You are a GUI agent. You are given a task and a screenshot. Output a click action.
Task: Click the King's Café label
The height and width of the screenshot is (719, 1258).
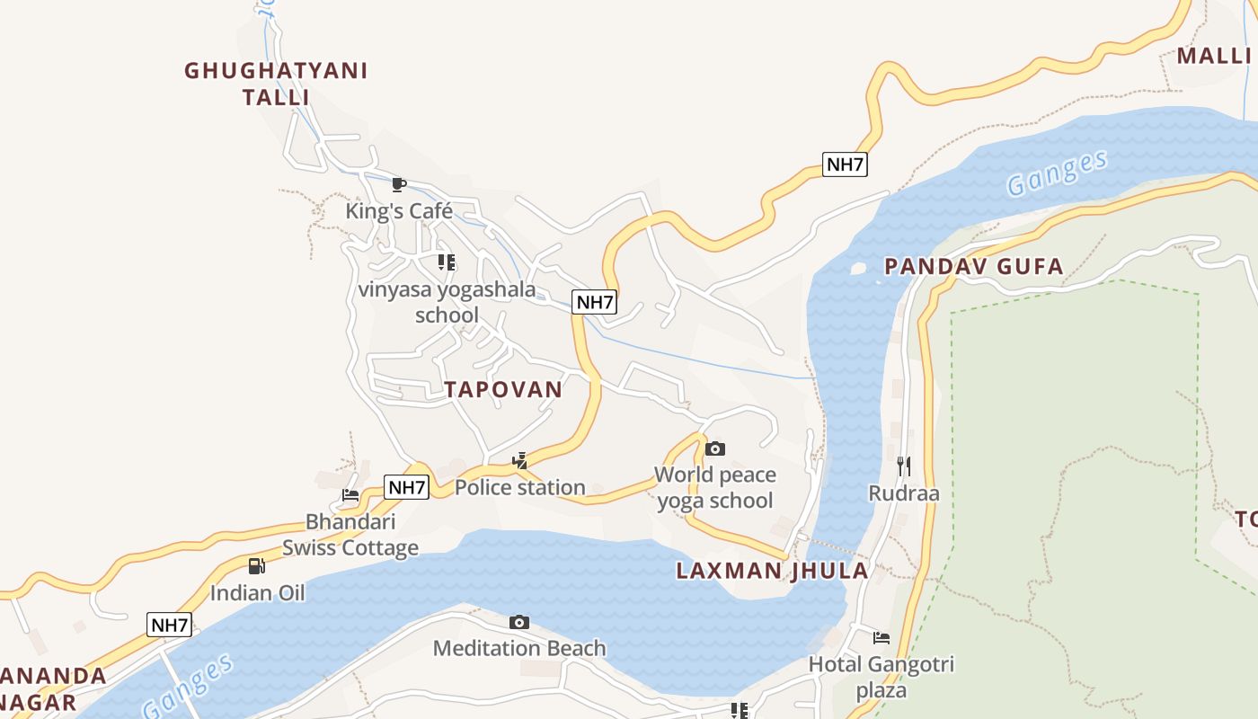point(399,211)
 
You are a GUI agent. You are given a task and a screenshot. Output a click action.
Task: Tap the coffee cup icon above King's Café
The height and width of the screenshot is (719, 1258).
point(399,185)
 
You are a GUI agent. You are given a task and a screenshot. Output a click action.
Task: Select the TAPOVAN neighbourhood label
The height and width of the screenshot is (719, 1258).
point(503,389)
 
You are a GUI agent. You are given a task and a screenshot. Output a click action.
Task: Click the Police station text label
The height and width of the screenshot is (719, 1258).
point(520,488)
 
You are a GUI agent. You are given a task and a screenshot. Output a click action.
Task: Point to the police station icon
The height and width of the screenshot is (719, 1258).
point(519,462)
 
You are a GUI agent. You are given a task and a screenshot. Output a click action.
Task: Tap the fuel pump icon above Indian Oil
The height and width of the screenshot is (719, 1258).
point(257,566)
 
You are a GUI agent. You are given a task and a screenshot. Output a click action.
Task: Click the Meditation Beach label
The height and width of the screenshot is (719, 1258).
point(519,648)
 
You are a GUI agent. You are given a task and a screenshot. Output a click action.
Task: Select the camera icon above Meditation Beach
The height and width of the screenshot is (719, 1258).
point(518,622)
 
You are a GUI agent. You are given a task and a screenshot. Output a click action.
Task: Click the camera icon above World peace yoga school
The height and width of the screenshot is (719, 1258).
point(714,448)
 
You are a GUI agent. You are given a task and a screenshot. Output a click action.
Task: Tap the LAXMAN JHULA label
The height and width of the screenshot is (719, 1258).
point(772,571)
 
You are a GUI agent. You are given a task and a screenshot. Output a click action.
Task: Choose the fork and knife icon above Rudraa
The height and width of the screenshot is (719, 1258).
point(904,466)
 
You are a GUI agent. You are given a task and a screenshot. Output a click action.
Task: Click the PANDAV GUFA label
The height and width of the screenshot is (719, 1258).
point(974,266)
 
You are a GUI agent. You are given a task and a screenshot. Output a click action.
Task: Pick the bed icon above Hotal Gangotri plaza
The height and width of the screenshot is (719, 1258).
point(881,638)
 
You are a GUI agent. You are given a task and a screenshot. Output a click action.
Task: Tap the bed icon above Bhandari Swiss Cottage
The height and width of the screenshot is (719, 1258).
point(350,495)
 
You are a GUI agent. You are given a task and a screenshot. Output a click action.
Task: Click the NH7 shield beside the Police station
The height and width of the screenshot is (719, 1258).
point(407,488)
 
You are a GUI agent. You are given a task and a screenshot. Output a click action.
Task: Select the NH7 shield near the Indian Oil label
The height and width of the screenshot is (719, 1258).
point(170,625)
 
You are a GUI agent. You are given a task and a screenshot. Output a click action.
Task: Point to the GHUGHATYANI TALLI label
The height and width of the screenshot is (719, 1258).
point(276,84)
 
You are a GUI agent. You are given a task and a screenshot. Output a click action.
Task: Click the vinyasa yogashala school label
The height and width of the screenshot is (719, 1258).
point(447,302)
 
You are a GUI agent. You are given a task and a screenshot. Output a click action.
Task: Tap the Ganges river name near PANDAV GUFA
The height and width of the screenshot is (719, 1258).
point(1057,173)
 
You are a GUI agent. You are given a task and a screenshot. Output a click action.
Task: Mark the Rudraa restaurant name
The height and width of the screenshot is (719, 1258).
point(904,493)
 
